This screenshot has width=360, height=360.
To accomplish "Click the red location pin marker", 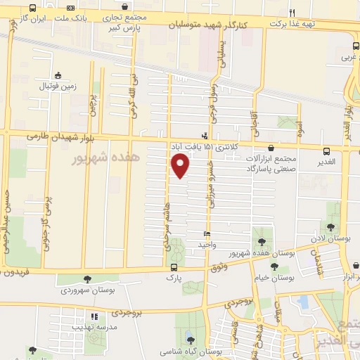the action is [x=181, y=165].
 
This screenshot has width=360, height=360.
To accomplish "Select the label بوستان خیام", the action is [x=272, y=278].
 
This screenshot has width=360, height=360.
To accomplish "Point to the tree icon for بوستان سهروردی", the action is [x=87, y=279].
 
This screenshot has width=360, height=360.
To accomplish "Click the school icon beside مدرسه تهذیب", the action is [x=94, y=316].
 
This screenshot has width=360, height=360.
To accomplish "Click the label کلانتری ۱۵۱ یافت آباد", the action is [x=205, y=146].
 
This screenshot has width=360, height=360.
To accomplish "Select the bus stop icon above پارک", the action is [x=174, y=267].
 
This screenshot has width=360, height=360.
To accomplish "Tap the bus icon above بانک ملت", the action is [x=32, y=8].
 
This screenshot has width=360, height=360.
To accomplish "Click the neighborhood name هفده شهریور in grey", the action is [x=106, y=159].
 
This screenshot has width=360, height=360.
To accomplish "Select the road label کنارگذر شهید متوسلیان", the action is [x=209, y=25].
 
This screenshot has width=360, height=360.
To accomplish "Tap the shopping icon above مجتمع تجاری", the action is [x=124, y=8].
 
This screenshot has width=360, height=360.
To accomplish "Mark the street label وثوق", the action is [x=219, y=268].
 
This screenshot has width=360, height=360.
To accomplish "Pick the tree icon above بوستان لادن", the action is [x=330, y=226].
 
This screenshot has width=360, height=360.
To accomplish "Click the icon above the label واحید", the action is [x=206, y=234].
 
